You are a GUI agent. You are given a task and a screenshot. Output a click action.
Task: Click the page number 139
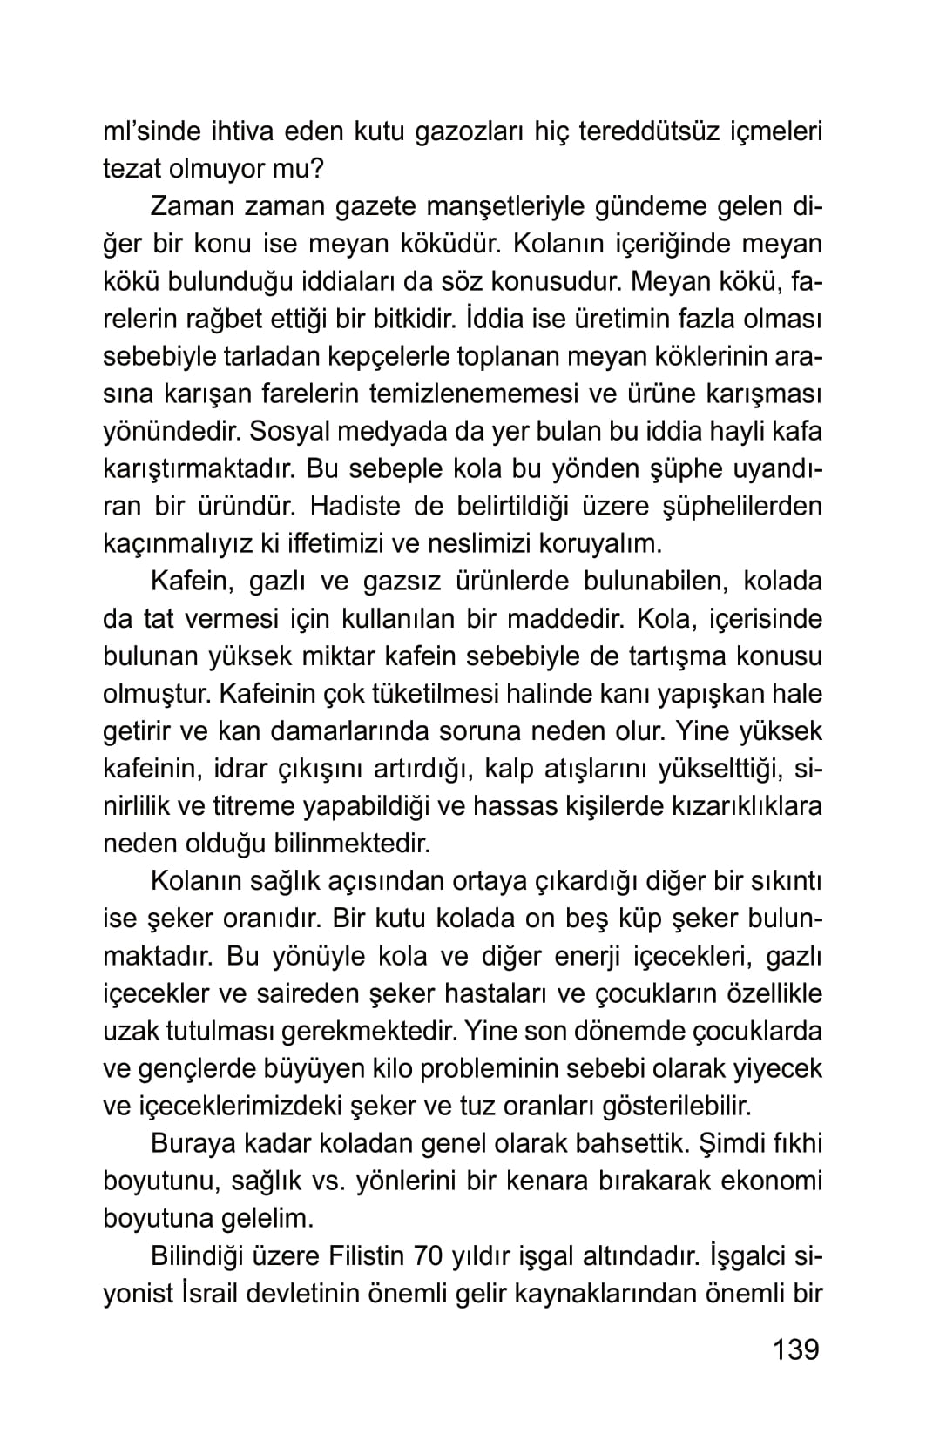coord(795,1349)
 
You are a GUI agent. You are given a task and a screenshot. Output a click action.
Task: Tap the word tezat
coord(130,170)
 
